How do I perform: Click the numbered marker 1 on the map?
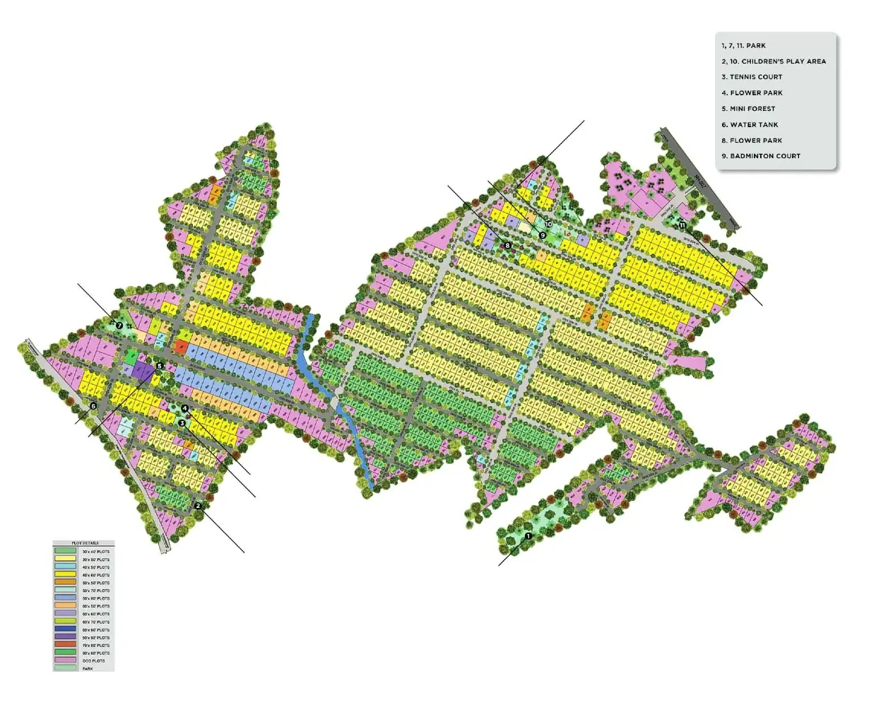point(527,536)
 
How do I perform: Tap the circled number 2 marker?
point(198,506)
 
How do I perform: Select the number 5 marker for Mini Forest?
point(160,366)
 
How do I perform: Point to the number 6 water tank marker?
point(93,405)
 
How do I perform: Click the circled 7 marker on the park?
point(119,326)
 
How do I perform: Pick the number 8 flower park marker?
point(507,245)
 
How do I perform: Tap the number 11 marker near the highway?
point(682,225)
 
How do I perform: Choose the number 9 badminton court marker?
point(543,235)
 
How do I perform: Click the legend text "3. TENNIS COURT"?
point(752,77)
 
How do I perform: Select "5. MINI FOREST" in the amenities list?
point(748,109)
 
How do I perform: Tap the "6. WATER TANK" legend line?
point(750,124)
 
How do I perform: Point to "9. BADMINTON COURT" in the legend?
point(761,156)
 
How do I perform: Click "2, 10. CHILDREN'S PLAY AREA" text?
point(774,61)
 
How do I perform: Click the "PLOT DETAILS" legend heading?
point(83,543)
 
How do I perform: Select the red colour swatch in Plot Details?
point(65,645)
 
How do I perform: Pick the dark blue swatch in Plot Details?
point(65,629)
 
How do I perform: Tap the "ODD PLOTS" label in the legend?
point(93,661)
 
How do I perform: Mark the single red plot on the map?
point(182,347)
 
